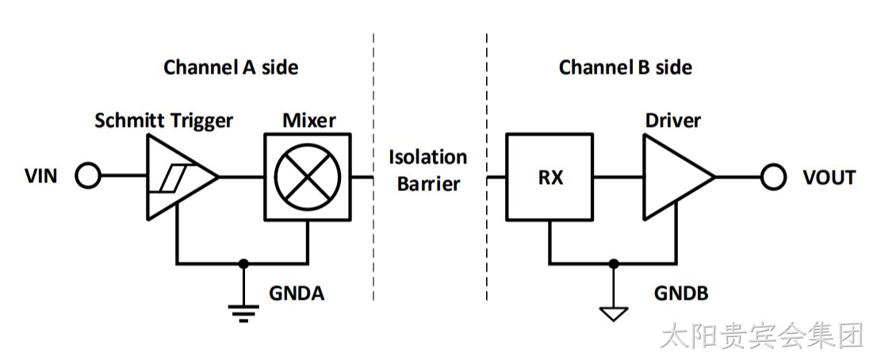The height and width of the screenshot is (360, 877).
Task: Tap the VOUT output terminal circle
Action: (773, 177)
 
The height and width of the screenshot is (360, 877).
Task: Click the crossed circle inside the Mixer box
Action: (308, 177)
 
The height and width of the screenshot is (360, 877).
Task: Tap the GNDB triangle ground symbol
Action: (614, 313)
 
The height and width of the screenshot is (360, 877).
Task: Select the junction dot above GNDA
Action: (243, 263)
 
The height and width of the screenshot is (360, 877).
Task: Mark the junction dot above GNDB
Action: (614, 263)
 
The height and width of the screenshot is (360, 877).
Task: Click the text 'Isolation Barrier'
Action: (428, 170)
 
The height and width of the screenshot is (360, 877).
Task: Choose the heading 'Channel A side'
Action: (231, 67)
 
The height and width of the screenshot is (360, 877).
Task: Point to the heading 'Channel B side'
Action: (626, 67)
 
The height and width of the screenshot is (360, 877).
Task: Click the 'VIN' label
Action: (40, 177)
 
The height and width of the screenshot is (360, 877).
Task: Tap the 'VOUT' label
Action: (829, 178)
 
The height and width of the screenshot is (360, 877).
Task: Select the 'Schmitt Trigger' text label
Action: (164, 121)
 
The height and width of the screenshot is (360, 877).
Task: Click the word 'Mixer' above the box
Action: (309, 121)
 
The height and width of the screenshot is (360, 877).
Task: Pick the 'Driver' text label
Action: (673, 121)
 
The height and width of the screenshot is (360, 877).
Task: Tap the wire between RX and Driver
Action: (618, 177)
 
